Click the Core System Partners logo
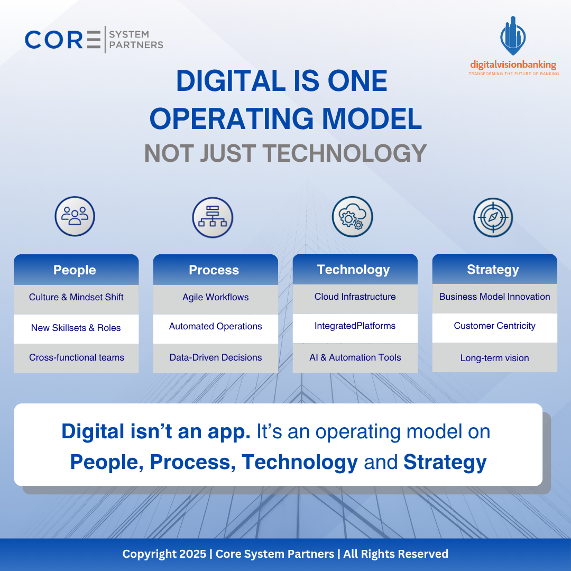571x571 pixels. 94,40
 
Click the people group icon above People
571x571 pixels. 75,216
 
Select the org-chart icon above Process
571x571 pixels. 213,217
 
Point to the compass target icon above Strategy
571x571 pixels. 493,217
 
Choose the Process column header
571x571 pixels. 215,270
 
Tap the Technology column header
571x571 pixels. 354,270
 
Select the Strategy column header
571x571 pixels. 494,270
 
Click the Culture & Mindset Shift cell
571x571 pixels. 76,298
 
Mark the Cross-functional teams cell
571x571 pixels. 76,358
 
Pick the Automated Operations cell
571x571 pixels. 215,327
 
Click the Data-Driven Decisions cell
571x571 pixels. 215,358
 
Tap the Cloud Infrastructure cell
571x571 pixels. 355,297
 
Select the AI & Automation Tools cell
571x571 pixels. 355,358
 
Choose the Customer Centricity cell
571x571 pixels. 494,326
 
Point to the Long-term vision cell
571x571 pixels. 494,358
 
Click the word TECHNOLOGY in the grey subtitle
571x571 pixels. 345,153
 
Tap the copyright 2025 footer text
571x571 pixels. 285,554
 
